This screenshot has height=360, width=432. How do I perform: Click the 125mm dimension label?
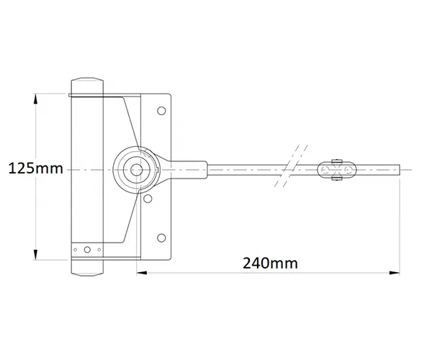pyautogui.click(x=36, y=168)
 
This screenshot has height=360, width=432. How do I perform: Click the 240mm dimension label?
pyautogui.click(x=270, y=263)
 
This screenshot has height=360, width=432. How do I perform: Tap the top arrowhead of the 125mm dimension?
pyautogui.click(x=35, y=99)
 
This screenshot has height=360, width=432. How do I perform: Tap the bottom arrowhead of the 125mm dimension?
pyautogui.click(x=35, y=254)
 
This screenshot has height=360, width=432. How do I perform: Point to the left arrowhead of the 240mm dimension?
pyautogui.click(x=142, y=273)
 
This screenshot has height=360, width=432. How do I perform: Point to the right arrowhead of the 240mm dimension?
pyautogui.click(x=395, y=273)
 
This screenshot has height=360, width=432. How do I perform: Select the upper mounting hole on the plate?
pyautogui.click(x=161, y=111)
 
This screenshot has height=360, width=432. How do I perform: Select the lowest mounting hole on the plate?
pyautogui.click(x=161, y=238)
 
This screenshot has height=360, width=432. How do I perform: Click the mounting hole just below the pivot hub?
pyautogui.click(x=148, y=198)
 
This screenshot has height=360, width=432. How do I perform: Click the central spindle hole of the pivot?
pyautogui.click(x=136, y=170)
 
